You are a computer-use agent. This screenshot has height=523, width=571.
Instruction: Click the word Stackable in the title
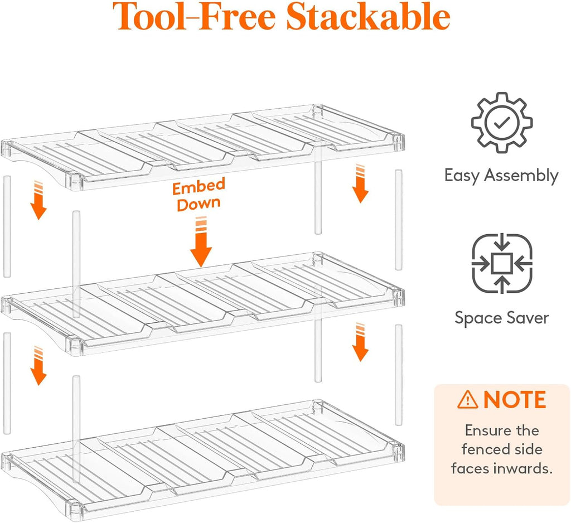(x=368, y=16)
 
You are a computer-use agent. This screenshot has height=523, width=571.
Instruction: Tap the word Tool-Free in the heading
(x=193, y=16)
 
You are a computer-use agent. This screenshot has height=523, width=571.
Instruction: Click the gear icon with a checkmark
(x=502, y=122)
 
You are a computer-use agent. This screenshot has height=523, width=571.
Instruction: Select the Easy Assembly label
(x=501, y=176)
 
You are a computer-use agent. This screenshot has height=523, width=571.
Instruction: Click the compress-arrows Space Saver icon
(x=502, y=263)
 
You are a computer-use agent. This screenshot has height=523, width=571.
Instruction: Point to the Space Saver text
(x=501, y=318)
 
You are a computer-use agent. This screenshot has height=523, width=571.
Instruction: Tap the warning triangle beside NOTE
(x=468, y=400)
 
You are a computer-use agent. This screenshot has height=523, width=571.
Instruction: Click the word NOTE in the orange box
(x=515, y=400)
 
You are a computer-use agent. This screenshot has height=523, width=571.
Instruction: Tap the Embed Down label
(x=199, y=194)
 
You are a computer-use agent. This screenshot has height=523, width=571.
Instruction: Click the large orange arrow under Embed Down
(x=201, y=242)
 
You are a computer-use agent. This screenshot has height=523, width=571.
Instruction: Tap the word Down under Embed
(x=199, y=204)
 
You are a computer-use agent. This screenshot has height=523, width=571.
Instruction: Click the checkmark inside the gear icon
(x=502, y=123)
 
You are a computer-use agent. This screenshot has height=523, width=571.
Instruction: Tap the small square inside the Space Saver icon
(x=502, y=263)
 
